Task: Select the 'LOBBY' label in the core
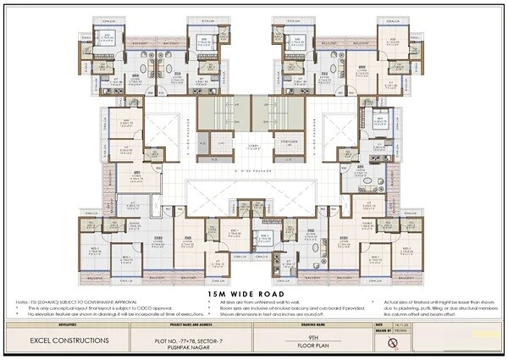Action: (x=254, y=147)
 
